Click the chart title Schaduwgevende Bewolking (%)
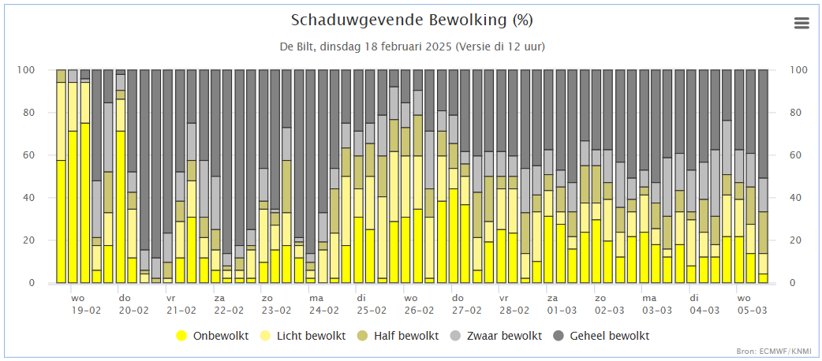pos(412,20)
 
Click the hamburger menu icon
pos(801,23)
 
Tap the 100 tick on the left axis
pos(40,70)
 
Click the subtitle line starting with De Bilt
pos(412,47)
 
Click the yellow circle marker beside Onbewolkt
pos(181,336)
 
